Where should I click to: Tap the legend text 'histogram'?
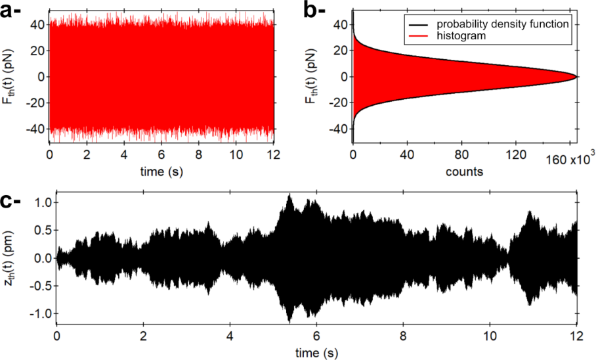(x=462, y=37)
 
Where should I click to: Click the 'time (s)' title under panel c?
(x=316, y=353)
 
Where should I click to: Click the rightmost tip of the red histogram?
(x=576, y=76)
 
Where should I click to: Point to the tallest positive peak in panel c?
(x=289, y=194)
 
